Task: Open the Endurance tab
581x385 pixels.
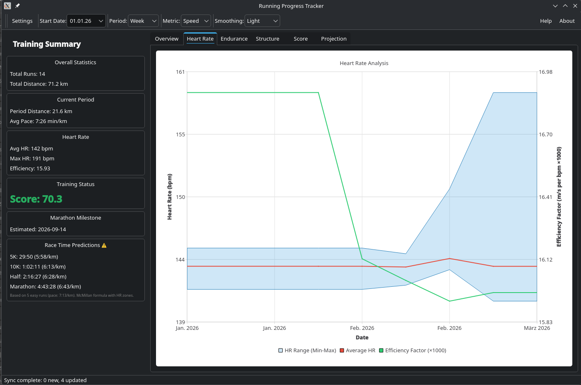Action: click(234, 39)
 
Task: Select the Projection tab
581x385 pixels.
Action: click(334, 39)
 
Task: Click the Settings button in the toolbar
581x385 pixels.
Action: click(22, 21)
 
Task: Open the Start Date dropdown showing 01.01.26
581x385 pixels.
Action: click(86, 21)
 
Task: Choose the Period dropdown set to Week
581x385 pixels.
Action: click(143, 21)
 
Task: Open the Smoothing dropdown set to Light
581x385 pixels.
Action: click(262, 21)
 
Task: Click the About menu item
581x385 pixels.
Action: click(567, 21)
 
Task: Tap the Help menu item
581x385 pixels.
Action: click(545, 21)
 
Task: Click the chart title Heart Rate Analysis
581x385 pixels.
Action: click(364, 63)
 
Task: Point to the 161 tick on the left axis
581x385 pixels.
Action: click(180, 72)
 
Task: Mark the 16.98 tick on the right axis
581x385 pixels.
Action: click(545, 72)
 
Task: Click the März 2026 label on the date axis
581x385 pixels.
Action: click(537, 328)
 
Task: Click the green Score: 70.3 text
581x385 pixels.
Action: click(36, 199)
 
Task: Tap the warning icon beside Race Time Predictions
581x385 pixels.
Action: click(104, 245)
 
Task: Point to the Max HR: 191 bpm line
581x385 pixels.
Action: click(32, 158)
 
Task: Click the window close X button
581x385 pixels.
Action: click(575, 6)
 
